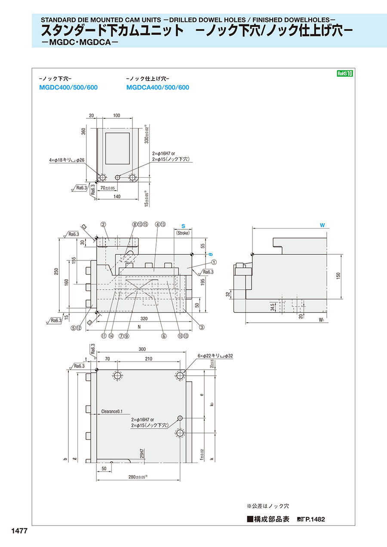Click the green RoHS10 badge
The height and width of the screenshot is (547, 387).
[344, 74]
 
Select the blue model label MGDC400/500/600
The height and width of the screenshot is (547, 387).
[68, 88]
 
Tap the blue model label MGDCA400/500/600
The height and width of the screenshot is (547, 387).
[158, 88]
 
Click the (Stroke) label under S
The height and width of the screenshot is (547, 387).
[183, 233]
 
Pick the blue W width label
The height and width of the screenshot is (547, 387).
[322, 225]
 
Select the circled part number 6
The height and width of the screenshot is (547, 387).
[164, 337]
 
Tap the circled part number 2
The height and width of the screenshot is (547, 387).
[103, 224]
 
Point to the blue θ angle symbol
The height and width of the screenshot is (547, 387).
[211, 255]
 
